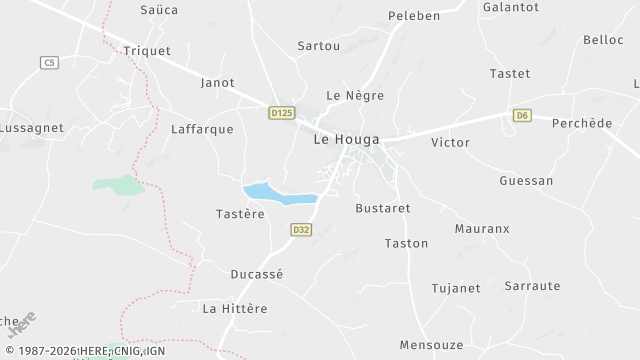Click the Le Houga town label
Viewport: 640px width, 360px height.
point(347,140)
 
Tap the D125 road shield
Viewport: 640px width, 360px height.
point(282,114)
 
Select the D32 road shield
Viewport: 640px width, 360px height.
point(301,230)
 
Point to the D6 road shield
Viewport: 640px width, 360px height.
point(522,116)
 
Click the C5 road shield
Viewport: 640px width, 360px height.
point(49,63)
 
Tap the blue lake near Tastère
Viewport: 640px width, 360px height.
point(279,193)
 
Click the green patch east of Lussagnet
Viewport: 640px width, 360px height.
point(119,185)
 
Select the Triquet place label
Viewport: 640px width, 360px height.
point(147,51)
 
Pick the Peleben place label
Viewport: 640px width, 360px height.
point(414,17)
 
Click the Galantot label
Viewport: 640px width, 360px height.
point(511,7)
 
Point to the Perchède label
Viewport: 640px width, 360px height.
point(582,123)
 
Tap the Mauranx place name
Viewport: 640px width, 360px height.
point(482,229)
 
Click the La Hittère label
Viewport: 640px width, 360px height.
point(235,308)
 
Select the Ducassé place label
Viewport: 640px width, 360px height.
point(257,274)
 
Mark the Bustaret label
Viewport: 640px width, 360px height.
point(383,208)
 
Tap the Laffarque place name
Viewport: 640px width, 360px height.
point(202,129)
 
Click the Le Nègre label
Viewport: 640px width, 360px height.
point(355,95)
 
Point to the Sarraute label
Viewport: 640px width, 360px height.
point(532,286)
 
